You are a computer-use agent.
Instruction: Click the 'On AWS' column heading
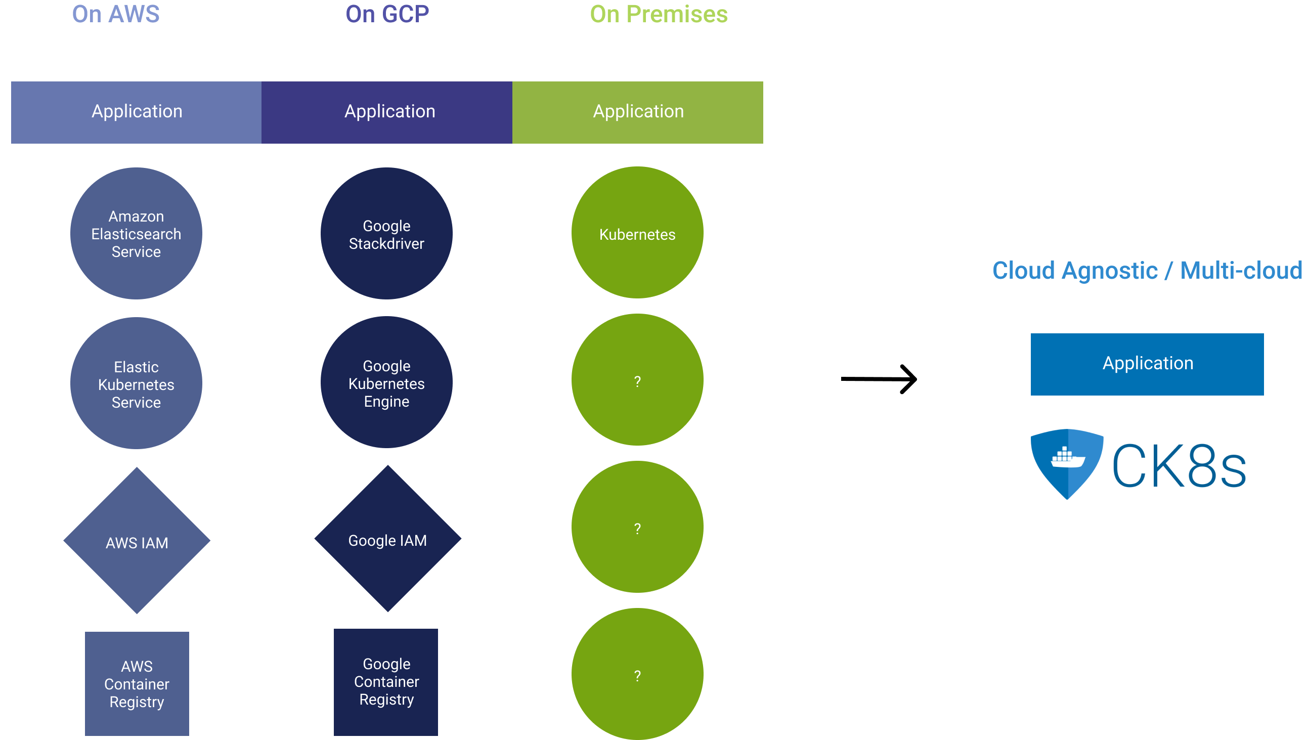tap(116, 14)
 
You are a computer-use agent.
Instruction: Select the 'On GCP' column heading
tap(387, 14)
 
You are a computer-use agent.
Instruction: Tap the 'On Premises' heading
tap(659, 14)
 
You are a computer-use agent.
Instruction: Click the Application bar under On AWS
tap(136, 112)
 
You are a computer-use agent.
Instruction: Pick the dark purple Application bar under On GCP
tap(387, 112)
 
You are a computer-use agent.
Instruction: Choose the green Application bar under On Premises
tap(638, 112)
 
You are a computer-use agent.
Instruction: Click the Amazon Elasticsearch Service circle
tap(136, 233)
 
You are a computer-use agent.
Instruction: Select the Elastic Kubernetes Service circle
tap(136, 383)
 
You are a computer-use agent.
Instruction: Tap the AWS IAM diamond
tap(137, 541)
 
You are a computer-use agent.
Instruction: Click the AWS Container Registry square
tap(137, 683)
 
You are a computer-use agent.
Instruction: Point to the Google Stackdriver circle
tap(387, 233)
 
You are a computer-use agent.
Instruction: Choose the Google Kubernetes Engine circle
tap(387, 382)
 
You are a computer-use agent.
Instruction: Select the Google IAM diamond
tap(388, 539)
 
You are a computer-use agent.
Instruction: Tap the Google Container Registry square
tap(386, 682)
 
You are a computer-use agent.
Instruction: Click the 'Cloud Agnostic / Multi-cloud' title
tap(1148, 271)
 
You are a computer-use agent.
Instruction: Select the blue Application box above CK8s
tap(1147, 364)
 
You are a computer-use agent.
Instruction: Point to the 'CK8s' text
tap(1179, 465)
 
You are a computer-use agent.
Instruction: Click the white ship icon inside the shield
tap(1067, 457)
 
